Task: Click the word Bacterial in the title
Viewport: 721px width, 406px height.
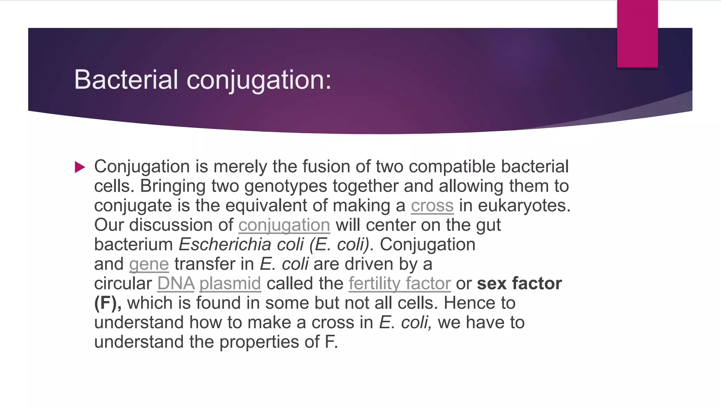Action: click(x=126, y=80)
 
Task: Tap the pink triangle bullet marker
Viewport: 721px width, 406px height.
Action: click(x=80, y=167)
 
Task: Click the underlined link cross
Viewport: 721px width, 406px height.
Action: click(x=432, y=205)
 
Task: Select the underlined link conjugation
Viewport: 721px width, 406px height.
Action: click(x=284, y=225)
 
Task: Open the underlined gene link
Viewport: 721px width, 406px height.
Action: click(x=149, y=264)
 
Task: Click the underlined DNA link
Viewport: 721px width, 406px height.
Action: click(x=176, y=283)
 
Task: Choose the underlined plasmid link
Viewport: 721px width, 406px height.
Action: click(x=230, y=283)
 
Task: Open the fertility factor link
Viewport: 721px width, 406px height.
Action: click(x=400, y=283)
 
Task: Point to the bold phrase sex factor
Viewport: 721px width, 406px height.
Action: click(x=519, y=283)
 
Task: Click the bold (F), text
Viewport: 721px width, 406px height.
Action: click(x=107, y=303)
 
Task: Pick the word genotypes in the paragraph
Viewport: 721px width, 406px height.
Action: click(x=286, y=186)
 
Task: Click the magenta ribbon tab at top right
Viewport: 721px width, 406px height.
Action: click(x=637, y=33)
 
